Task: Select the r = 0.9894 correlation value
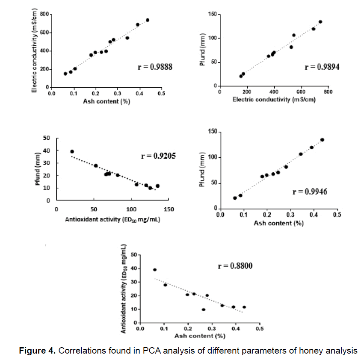[x=322, y=67]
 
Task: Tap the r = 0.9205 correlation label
[x=158, y=156]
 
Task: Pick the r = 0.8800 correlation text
[x=235, y=266]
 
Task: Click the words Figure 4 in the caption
[x=36, y=351]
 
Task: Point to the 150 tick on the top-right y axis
[x=211, y=14]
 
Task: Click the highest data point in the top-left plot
[x=147, y=20]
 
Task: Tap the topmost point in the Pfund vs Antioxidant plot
[x=72, y=151]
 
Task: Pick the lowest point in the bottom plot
[x=203, y=310]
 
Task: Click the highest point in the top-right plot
[x=320, y=22]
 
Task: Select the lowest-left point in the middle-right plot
[x=234, y=198]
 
